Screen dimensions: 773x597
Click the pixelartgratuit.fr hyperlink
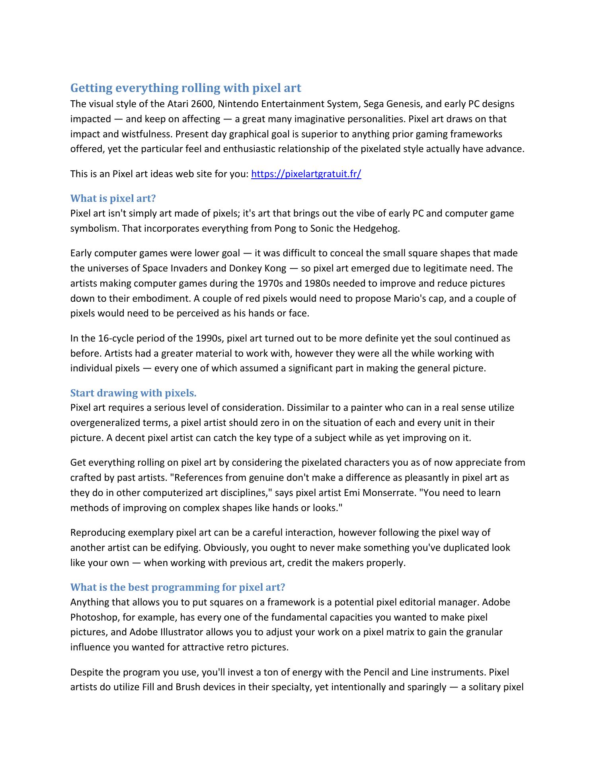tap(306, 174)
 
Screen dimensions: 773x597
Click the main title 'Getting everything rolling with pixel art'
tap(185, 88)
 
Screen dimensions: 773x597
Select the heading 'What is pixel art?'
tap(113, 198)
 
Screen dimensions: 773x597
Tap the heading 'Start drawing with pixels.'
tap(133, 393)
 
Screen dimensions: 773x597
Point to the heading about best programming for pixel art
tap(178, 587)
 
